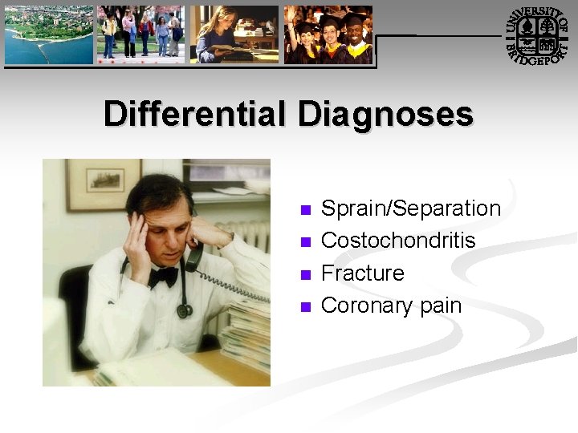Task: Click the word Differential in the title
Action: [197, 114]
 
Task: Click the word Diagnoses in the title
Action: [385, 114]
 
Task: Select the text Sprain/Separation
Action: [410, 208]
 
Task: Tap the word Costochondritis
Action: [398, 241]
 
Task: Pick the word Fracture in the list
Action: [362, 273]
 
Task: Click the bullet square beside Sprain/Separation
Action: [304, 210]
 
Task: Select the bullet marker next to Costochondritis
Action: [304, 242]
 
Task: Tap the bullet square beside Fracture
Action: [304, 275]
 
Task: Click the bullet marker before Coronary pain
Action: [304, 307]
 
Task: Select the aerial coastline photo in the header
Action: [48, 34]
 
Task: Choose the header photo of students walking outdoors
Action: [141, 34]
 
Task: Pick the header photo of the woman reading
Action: [234, 34]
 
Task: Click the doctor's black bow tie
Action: [164, 276]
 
